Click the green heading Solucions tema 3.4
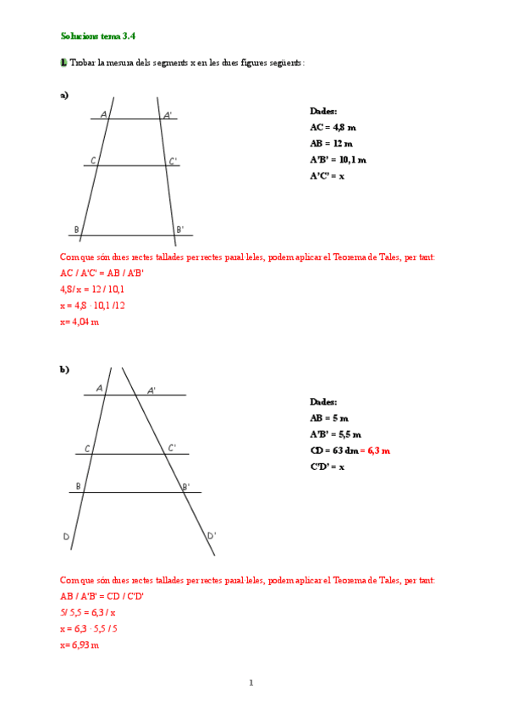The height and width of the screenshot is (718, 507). coord(97,36)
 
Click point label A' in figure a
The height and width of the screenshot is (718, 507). coord(168,114)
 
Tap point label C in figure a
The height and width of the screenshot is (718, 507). coord(92,161)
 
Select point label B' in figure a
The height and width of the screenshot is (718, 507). coord(179,229)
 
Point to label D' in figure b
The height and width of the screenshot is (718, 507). coord(212,535)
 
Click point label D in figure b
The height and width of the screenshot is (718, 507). coord(66,537)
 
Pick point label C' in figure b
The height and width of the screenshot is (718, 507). coord(172,448)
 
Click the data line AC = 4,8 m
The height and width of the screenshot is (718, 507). coord(333,127)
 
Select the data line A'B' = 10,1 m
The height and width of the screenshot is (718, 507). coord(338,159)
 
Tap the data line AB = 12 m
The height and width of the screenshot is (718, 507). coord(331,143)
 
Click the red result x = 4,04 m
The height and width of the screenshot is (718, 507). coord(80,322)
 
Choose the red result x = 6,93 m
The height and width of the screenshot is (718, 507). coord(80,644)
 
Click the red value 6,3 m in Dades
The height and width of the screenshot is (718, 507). coord(378,450)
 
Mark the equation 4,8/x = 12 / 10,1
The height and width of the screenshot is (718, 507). coord(92,290)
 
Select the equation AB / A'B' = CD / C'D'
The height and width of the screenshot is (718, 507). coord(102,596)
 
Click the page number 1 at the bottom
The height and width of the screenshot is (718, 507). coord(251,682)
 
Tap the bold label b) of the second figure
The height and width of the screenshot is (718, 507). coord(64,369)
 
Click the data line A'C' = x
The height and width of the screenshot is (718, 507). coord(327,175)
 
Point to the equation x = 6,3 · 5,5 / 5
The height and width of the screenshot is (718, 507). coord(89,628)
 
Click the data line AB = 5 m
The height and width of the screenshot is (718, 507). coord(328,418)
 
